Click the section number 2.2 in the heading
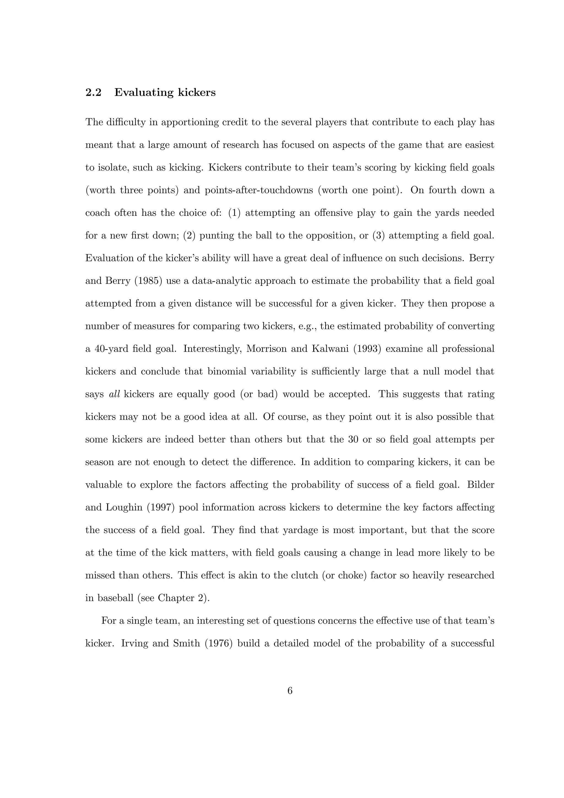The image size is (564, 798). tap(93, 93)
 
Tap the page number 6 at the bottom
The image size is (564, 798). tap(290, 691)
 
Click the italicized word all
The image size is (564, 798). tap(114, 394)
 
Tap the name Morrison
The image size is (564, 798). tap(266, 349)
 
